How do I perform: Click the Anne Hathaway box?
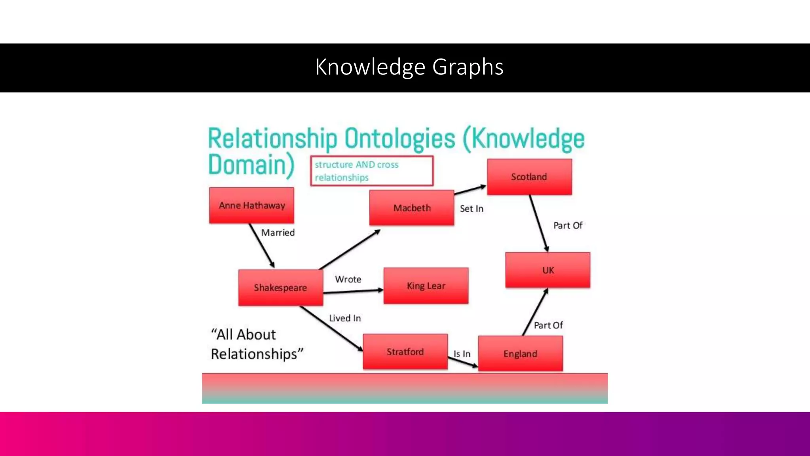(x=252, y=205)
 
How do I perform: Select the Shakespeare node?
(x=280, y=287)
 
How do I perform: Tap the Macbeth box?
(x=412, y=208)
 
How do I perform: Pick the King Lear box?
(x=426, y=286)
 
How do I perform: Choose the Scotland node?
(x=529, y=177)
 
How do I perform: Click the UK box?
(x=548, y=270)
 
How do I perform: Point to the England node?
(x=520, y=353)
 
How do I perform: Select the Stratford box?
(x=405, y=351)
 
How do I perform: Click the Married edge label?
(x=278, y=233)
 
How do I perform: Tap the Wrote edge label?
(x=348, y=279)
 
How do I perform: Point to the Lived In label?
(x=345, y=318)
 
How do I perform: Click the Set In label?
(x=471, y=209)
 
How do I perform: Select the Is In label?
(x=462, y=354)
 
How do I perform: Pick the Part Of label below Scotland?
(x=568, y=226)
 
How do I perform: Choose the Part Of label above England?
(x=548, y=325)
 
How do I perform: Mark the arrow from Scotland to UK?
(x=539, y=223)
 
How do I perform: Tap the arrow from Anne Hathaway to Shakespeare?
(x=261, y=245)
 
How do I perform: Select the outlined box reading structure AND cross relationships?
(x=372, y=171)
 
